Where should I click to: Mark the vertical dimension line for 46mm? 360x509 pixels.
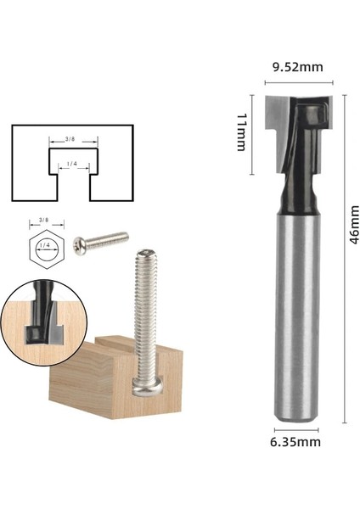[x=344, y=255]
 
